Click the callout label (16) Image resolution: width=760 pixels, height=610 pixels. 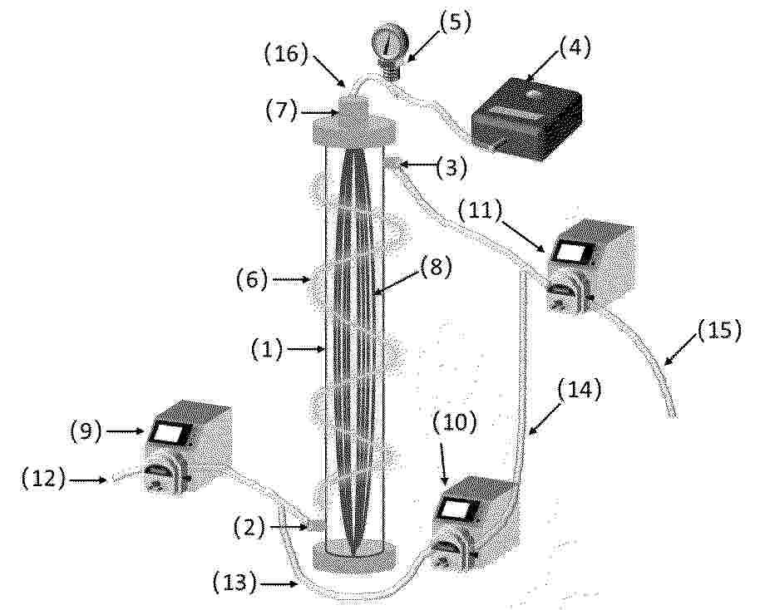point(286,54)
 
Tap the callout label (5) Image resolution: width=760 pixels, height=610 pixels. point(455,22)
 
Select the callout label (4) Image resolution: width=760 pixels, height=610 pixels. point(575,48)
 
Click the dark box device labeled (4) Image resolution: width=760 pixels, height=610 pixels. point(527,118)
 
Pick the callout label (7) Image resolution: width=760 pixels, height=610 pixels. point(281,111)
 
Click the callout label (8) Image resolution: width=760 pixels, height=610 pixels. point(435,267)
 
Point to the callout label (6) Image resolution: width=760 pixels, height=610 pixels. point(252,278)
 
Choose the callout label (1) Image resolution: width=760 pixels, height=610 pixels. point(267,349)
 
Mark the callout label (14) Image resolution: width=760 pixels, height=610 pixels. point(580,390)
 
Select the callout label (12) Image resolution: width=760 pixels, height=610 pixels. point(43,479)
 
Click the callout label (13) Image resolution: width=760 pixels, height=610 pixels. point(235,583)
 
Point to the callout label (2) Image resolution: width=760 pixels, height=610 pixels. point(249,528)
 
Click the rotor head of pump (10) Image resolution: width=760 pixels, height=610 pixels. point(446,556)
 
